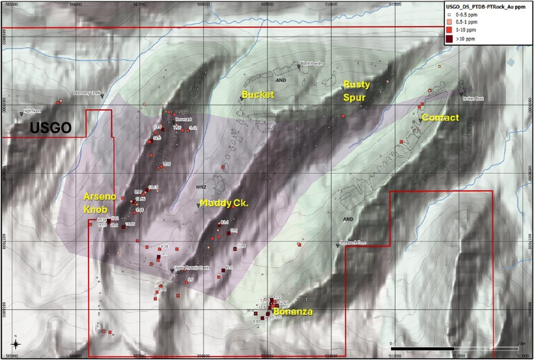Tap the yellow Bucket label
258,94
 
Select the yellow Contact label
440,118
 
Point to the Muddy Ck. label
224,202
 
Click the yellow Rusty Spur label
356,90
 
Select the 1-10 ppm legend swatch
449,31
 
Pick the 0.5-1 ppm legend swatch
449,22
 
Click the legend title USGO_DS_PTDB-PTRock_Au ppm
487,5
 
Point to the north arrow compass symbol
16,343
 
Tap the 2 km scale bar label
520,343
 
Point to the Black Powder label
311,64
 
